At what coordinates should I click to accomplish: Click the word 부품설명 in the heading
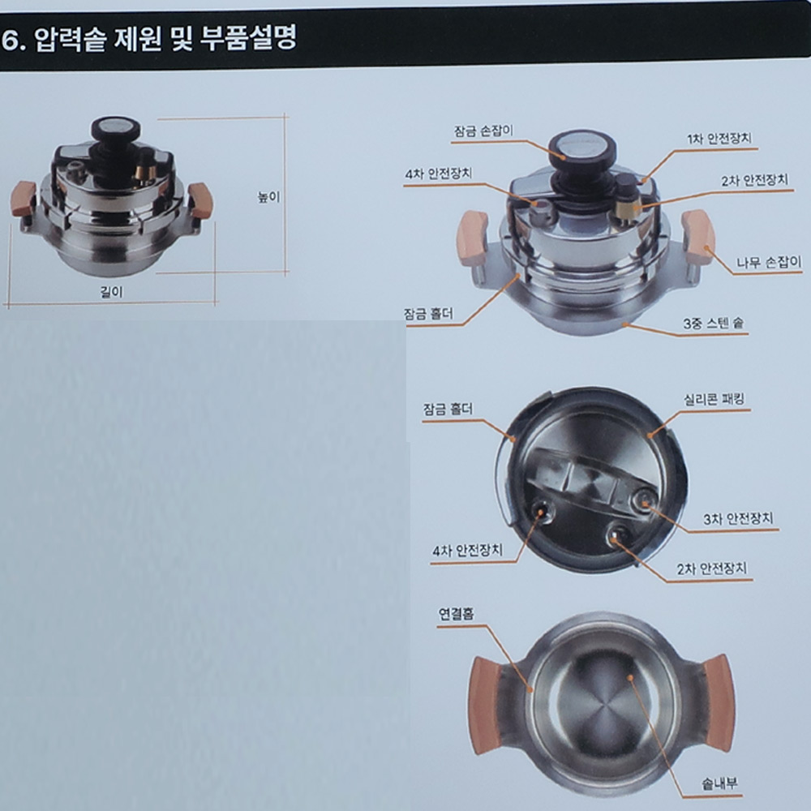pyautogui.click(x=249, y=38)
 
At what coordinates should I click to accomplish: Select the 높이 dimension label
pyautogui.click(x=269, y=197)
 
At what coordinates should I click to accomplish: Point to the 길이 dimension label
pyautogui.click(x=111, y=292)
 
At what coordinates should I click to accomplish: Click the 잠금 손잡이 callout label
pyautogui.click(x=483, y=131)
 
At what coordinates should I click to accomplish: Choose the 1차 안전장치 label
pyautogui.click(x=719, y=138)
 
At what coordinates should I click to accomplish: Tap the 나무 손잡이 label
pyautogui.click(x=769, y=262)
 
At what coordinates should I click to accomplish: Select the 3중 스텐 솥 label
pyautogui.click(x=713, y=324)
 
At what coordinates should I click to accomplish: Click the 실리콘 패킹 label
pyautogui.click(x=714, y=399)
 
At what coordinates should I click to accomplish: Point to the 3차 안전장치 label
pyautogui.click(x=738, y=519)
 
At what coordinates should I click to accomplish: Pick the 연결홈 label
pyautogui.click(x=456, y=614)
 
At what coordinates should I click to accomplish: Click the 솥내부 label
pyautogui.click(x=719, y=784)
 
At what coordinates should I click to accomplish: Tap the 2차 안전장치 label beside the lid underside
pyautogui.click(x=712, y=569)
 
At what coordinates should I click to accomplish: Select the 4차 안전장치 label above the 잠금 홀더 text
pyautogui.click(x=438, y=174)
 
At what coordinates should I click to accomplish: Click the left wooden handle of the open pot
pyautogui.click(x=485, y=707)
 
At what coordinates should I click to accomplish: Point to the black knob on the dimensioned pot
pyautogui.click(x=115, y=129)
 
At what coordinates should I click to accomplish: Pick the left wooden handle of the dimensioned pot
pyautogui.click(x=22, y=200)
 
